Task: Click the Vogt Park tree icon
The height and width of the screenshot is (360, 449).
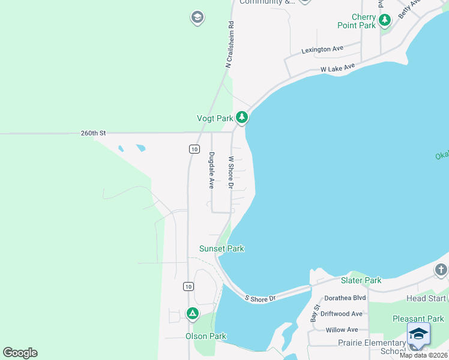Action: pyautogui.click(x=241, y=117)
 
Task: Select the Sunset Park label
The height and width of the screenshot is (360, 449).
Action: pyautogui.click(x=221, y=248)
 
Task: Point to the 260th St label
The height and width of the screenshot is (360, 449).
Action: pyautogui.click(x=93, y=133)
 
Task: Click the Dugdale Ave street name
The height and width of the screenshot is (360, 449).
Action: pyautogui.click(x=211, y=170)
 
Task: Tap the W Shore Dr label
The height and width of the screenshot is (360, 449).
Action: pyautogui.click(x=231, y=172)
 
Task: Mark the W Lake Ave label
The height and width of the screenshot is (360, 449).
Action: pyautogui.click(x=337, y=68)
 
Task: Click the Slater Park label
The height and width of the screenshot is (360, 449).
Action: pyautogui.click(x=361, y=280)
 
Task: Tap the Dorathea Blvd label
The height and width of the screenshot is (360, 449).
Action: pyautogui.click(x=345, y=298)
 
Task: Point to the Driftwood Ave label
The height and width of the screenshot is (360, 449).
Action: pyautogui.click(x=342, y=314)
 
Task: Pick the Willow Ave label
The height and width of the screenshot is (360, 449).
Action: pyautogui.click(x=342, y=329)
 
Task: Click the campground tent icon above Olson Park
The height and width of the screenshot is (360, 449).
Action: pyautogui.click(x=192, y=313)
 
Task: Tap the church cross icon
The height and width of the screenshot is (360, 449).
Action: pyautogui.click(x=441, y=270)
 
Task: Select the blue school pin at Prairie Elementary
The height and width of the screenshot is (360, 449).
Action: pyautogui.click(x=418, y=335)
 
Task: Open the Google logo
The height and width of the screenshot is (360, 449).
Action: pyautogui.click(x=20, y=353)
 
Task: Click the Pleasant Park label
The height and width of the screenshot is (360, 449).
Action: pyautogui.click(x=418, y=319)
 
